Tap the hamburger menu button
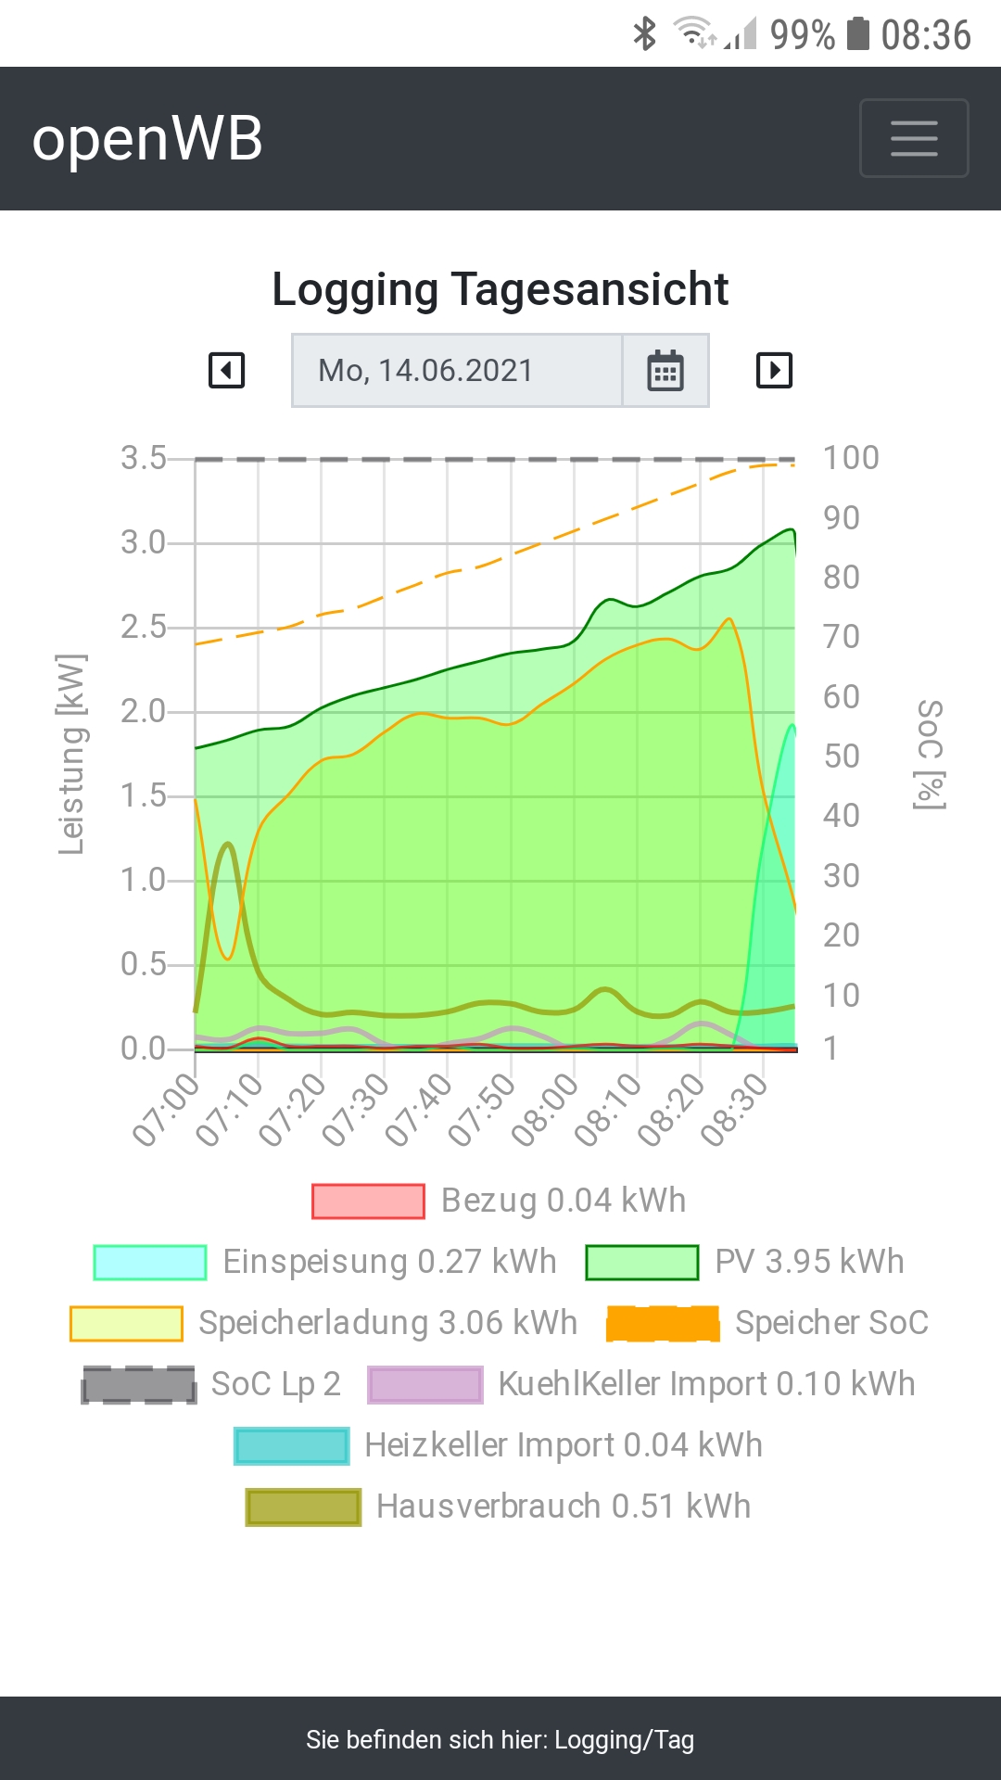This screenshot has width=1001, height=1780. click(914, 138)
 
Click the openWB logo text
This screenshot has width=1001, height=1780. click(147, 139)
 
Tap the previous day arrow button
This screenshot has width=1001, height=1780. click(227, 371)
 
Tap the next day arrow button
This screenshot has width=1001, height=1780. click(774, 371)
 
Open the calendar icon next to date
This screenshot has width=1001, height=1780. click(665, 371)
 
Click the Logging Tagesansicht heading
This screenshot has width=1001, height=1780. click(500, 289)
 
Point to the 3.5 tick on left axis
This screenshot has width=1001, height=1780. click(144, 458)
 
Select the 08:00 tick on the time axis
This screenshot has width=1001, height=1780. click(545, 1110)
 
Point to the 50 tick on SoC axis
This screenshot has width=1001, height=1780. click(842, 756)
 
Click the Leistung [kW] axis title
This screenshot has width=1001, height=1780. click(71, 754)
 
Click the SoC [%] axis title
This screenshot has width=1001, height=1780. click(930, 754)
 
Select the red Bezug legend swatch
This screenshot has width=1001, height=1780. click(368, 1201)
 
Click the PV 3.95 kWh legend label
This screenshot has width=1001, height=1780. click(809, 1262)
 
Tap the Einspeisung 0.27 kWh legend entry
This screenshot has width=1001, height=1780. click(389, 1262)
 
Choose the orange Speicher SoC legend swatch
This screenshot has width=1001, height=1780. click(663, 1323)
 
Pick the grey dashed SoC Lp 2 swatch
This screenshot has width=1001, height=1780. click(139, 1384)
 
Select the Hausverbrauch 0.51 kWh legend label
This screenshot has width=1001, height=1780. click(564, 1507)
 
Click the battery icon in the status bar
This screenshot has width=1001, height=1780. click(859, 34)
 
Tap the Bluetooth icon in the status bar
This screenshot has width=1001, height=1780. click(644, 34)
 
